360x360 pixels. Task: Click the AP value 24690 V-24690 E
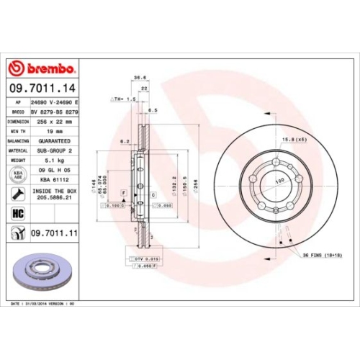[55, 104]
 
